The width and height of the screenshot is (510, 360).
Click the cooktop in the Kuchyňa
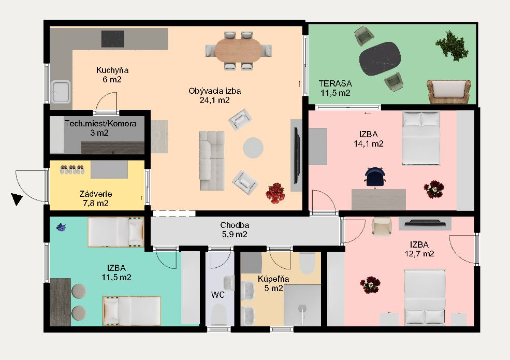pos(112,39)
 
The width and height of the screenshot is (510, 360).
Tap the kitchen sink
pos(61,92)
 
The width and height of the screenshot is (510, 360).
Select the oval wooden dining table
pos(238,50)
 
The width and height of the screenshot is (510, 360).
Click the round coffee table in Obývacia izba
pos(253,148)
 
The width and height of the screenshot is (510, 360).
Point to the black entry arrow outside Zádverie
pos(17,199)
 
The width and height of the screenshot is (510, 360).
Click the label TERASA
pos(336,83)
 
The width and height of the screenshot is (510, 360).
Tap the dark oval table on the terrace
pos(380,59)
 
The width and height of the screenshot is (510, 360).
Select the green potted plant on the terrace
pos(452,45)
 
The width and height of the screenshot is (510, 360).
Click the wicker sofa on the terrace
pos(449,92)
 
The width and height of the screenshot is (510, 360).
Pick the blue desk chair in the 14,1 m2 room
pos(375,177)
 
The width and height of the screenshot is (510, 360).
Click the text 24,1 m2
pos(215,100)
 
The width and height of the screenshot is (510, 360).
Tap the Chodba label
pos(235,225)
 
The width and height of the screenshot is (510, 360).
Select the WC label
pos(218,295)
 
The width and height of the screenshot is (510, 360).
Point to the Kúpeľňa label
pos(273,279)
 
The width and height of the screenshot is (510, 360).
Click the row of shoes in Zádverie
pos(72,169)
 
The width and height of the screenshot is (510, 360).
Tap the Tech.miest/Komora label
pos(100,124)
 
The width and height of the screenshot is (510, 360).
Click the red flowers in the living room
pos(275,193)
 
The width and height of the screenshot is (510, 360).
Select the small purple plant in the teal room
pos(61,227)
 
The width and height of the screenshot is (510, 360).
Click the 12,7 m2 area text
pos(419,254)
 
